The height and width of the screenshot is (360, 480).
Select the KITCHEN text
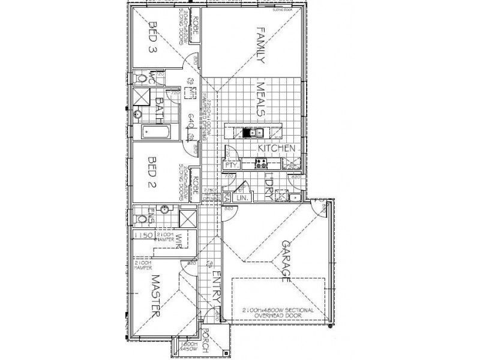(x=275, y=148)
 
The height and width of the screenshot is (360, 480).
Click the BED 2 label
(x=152, y=173)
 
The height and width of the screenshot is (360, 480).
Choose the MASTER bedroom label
(x=157, y=295)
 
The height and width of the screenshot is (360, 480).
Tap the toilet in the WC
(x=141, y=78)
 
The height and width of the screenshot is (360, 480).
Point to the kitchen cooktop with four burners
(x=262, y=162)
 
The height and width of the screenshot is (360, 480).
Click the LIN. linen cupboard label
(x=242, y=197)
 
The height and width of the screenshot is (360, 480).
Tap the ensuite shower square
(x=188, y=218)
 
